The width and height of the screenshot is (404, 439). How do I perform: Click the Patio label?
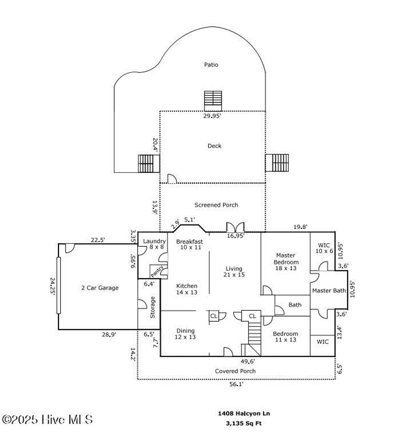pyautogui.click(x=211, y=65)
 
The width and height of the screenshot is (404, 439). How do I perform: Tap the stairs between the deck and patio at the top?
pyautogui.click(x=213, y=101)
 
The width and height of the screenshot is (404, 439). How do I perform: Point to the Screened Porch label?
pyautogui.click(x=216, y=205)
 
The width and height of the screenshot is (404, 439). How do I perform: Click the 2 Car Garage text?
pyautogui.click(x=100, y=288)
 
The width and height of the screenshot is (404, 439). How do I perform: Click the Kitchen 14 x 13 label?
pyautogui.click(x=187, y=289)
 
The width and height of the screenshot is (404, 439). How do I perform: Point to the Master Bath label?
pyautogui.click(x=329, y=291)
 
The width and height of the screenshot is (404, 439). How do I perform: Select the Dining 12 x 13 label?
pyautogui.click(x=185, y=334)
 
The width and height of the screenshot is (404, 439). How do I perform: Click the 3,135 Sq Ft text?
pyautogui.click(x=244, y=424)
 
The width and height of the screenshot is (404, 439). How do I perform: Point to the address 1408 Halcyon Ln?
pyautogui.click(x=244, y=414)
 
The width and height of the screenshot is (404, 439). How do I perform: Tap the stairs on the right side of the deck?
pyautogui.click(x=277, y=163)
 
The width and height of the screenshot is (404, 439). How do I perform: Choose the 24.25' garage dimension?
pyautogui.click(x=52, y=286)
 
